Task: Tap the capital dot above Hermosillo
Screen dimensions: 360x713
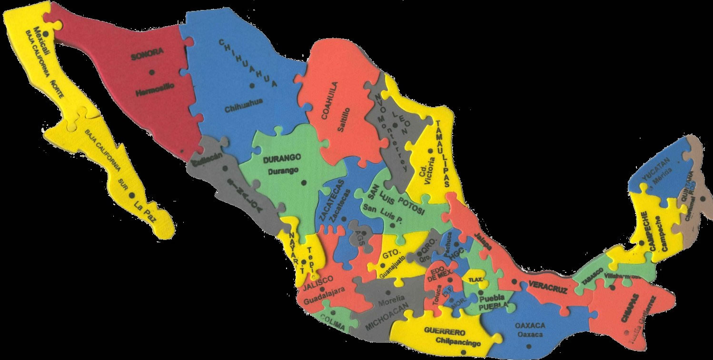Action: [151, 72]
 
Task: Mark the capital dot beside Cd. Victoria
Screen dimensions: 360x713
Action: [430, 151]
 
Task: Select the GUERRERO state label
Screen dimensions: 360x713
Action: [445, 332]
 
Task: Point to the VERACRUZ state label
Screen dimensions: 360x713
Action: [547, 288]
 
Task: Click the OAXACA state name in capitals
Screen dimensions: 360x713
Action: [530, 326]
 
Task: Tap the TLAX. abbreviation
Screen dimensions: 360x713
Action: [474, 279]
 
